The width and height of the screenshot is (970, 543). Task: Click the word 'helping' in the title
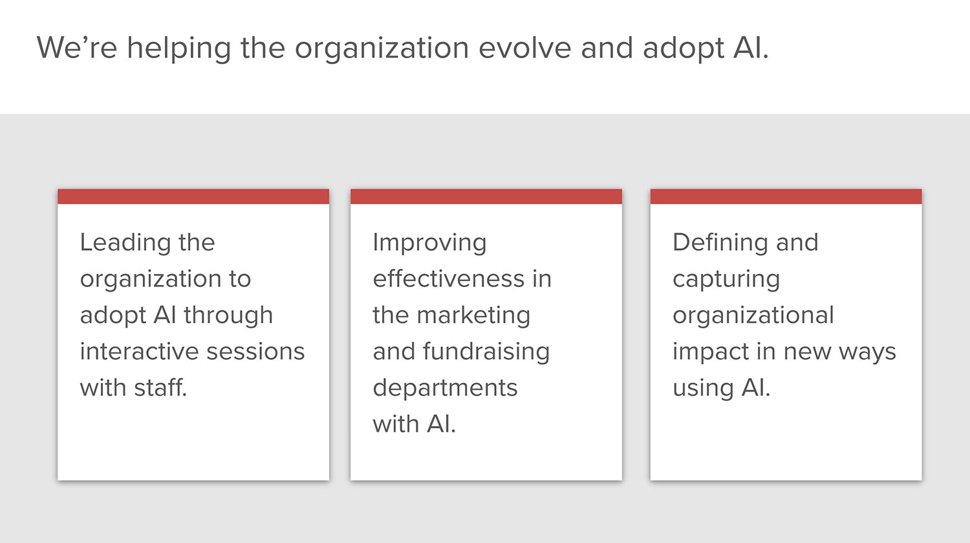[179, 48]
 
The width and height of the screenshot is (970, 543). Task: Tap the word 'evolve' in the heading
[525, 48]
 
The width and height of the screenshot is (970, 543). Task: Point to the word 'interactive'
[140, 351]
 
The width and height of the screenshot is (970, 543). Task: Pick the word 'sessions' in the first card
[255, 352]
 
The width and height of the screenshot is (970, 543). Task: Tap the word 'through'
[228, 316]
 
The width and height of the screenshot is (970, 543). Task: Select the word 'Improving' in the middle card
[429, 243]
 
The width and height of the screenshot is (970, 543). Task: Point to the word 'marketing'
[473, 316]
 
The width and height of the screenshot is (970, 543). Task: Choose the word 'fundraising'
[486, 352]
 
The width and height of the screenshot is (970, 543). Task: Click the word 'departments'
[445, 388]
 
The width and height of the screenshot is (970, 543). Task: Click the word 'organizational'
[753, 316]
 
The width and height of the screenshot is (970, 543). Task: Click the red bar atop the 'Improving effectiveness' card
[486, 196]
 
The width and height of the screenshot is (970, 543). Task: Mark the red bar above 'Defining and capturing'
[786, 196]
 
